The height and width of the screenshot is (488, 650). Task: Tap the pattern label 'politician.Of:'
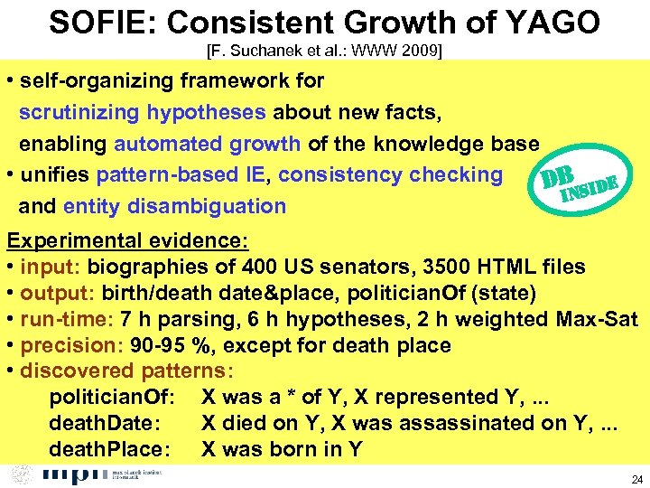[117, 397]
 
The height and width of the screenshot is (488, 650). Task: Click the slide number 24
[636, 478]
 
